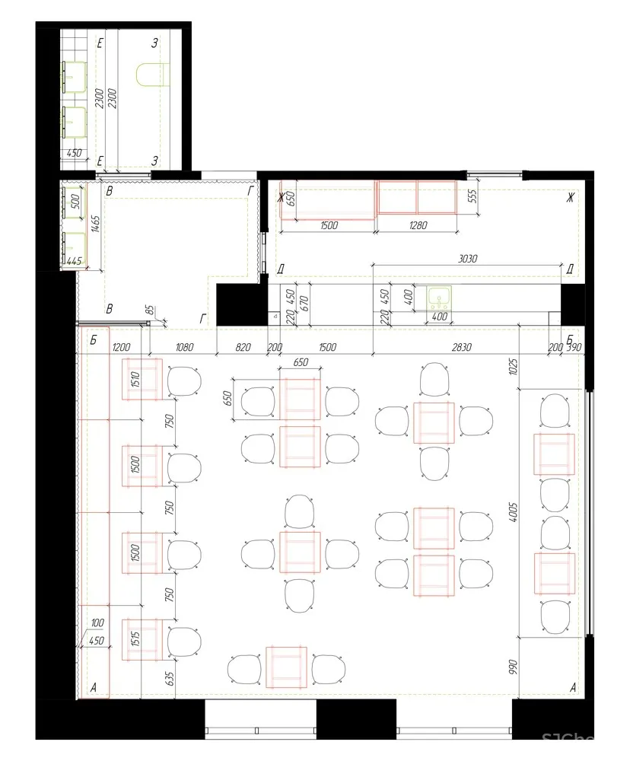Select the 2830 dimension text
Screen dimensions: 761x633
462,347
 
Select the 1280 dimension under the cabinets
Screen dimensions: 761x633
418,226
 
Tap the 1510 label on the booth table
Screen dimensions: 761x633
135,378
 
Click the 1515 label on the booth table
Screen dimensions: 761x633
135,638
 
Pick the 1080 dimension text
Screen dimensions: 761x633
184,347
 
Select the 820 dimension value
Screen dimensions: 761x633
242,347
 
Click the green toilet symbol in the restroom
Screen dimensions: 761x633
151,75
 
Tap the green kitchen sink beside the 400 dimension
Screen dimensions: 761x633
439,297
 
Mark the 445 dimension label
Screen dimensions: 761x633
74,261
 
